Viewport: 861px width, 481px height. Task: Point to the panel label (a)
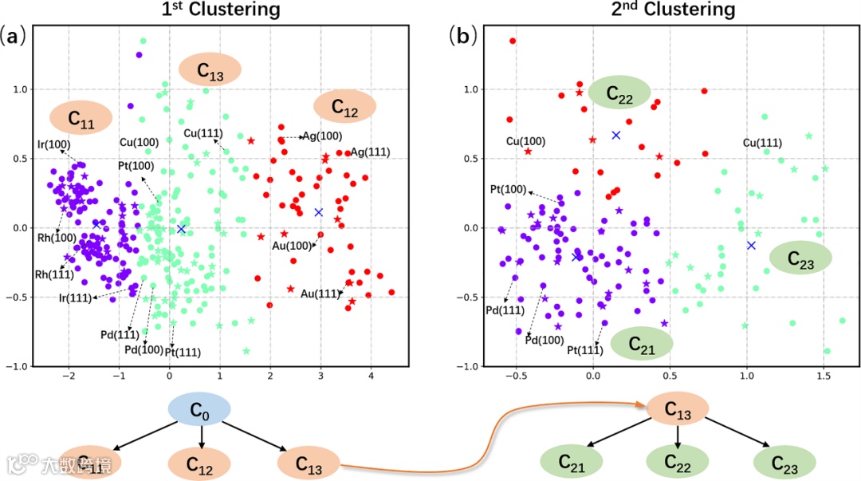pyautogui.click(x=16, y=35)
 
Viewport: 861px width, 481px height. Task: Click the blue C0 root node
pyautogui.click(x=199, y=412)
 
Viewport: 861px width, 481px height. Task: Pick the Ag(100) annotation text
pyautogui.click(x=321, y=136)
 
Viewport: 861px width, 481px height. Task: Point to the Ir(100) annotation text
pyautogui.click(x=53, y=144)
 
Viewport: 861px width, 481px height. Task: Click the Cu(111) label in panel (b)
pyautogui.click(x=762, y=143)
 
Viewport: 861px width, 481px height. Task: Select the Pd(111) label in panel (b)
pyautogui.click(x=505, y=309)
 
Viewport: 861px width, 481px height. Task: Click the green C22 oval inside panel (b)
pyautogui.click(x=619, y=93)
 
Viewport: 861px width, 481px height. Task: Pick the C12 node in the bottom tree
pyautogui.click(x=199, y=463)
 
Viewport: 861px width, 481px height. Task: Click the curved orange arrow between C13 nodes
pyautogui.click(x=486, y=447)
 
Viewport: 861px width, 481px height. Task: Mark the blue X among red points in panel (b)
pyautogui.click(x=615, y=135)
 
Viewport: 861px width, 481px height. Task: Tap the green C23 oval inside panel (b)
pyautogui.click(x=800, y=258)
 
